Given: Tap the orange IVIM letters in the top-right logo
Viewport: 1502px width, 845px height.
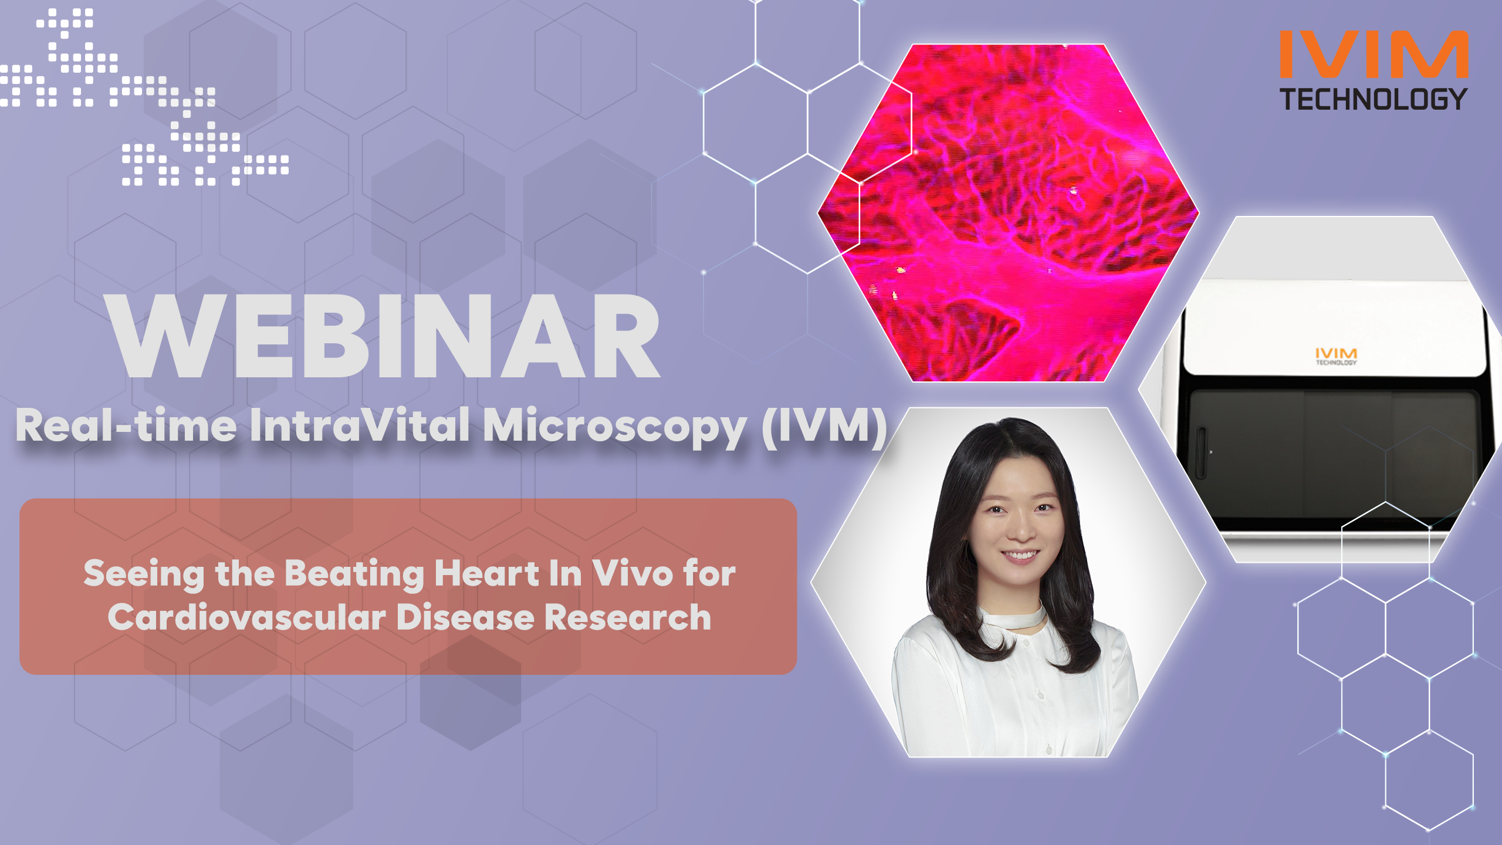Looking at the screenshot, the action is point(1374,54).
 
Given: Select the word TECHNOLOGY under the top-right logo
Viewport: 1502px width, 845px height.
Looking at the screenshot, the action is point(1374,99).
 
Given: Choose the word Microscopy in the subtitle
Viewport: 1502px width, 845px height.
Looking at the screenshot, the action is point(615,428).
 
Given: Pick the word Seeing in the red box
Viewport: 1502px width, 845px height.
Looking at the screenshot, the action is point(144,574).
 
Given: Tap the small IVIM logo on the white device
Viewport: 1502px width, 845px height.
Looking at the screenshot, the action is point(1336,356).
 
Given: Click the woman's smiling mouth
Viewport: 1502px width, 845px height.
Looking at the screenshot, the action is point(1020,553).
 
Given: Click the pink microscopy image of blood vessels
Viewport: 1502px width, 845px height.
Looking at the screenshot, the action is point(1008,212).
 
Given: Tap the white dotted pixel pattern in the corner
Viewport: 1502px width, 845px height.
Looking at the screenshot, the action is point(144,97).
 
